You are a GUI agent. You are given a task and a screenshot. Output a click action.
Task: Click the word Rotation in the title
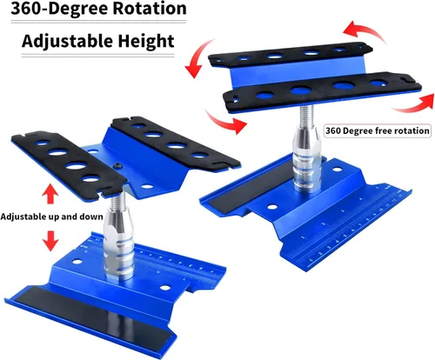150,8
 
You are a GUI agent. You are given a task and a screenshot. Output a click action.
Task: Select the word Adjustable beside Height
68,42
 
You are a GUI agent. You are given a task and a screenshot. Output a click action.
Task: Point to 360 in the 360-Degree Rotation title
27,9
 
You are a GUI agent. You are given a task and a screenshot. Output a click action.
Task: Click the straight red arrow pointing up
50,193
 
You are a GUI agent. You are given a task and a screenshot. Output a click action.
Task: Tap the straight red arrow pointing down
50,241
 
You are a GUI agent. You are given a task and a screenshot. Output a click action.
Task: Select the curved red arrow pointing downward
197,58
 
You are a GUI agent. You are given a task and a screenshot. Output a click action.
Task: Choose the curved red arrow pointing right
226,122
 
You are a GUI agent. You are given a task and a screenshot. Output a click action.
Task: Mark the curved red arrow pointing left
363,30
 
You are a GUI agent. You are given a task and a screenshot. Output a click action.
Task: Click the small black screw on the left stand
117,165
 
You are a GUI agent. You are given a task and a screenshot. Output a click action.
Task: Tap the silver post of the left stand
118,245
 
